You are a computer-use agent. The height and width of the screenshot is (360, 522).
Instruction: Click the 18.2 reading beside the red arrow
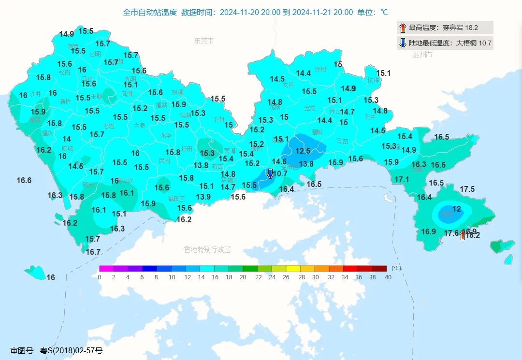(x=473, y=235)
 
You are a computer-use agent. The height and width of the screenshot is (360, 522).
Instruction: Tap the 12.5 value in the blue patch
(x=303, y=151)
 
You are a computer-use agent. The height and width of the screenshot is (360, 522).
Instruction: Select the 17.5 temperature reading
(x=467, y=189)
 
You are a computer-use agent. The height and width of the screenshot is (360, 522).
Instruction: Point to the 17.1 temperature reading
(x=402, y=180)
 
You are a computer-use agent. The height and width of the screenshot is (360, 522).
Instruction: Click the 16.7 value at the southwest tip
(x=93, y=252)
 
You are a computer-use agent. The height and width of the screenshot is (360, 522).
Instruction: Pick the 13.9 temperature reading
(x=203, y=197)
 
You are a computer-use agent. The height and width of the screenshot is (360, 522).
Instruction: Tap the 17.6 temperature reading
(x=451, y=233)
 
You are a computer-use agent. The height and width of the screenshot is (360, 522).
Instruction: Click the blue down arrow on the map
(x=270, y=173)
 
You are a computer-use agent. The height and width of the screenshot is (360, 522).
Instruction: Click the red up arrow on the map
(x=463, y=235)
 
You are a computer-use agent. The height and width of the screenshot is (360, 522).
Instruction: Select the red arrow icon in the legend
(x=403, y=28)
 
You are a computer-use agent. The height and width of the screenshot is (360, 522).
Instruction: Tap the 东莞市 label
(x=204, y=41)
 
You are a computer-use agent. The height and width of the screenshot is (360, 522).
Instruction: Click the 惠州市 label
(x=422, y=55)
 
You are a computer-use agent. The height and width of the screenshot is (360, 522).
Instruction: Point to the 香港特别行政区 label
(x=207, y=250)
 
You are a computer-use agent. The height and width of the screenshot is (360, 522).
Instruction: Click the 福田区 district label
(x=176, y=199)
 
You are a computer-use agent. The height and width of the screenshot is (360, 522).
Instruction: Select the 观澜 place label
(x=177, y=92)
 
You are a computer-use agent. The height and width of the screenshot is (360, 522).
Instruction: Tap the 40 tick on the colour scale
(x=388, y=277)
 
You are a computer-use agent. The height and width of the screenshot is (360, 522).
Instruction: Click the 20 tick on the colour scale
(x=244, y=277)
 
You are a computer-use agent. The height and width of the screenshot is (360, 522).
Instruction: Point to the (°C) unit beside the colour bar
(x=396, y=268)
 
